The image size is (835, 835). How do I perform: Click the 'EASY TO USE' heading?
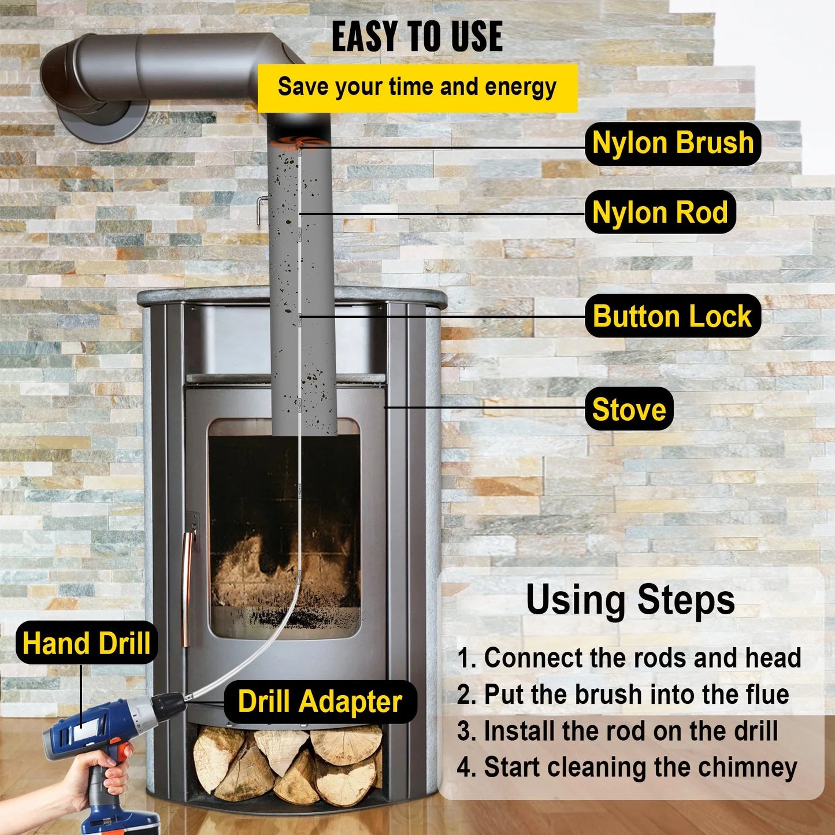417,37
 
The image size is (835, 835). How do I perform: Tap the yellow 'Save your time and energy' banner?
417,87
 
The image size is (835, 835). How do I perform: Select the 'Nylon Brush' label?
673,143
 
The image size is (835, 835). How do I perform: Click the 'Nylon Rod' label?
660,212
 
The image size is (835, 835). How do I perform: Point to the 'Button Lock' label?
672,317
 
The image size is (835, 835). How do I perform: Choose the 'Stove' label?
629,409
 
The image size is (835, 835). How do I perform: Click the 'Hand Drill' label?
87,643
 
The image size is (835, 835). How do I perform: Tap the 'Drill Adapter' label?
320,702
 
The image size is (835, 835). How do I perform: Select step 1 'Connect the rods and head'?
629,658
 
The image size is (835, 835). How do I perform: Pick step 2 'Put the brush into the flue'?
622,694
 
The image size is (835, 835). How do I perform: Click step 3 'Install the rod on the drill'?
617,730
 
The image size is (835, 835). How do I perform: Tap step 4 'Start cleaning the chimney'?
626,767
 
